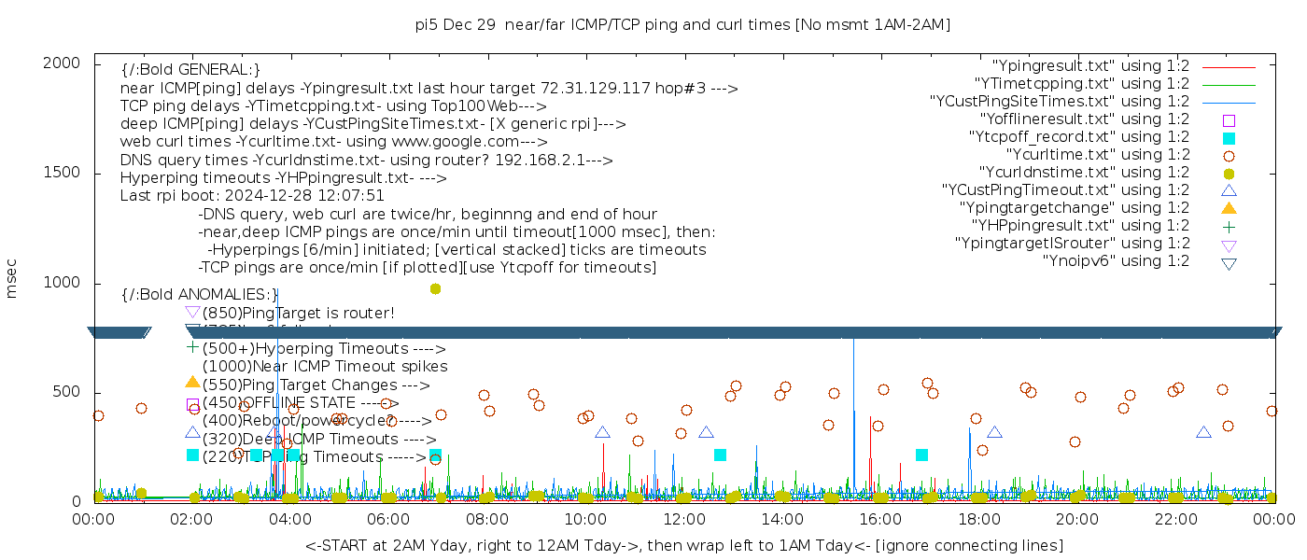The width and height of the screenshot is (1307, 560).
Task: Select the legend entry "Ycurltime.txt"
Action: click(1098, 155)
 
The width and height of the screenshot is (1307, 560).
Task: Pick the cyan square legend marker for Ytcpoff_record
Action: click(1229, 138)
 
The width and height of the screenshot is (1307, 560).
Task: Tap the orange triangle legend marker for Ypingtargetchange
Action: click(1229, 208)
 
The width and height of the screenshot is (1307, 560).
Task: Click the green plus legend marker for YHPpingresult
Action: click(1229, 226)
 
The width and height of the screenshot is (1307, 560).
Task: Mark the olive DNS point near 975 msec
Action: click(435, 289)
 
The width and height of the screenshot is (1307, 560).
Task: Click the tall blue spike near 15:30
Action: click(853, 373)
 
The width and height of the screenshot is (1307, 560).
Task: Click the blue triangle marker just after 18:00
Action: click(994, 432)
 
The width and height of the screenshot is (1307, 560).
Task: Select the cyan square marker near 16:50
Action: click(921, 455)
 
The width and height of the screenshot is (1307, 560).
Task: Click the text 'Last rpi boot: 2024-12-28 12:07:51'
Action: click(252, 196)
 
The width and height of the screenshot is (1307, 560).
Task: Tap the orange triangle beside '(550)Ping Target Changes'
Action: click(192, 382)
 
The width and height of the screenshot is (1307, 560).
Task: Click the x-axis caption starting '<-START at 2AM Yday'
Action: click(683, 545)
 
